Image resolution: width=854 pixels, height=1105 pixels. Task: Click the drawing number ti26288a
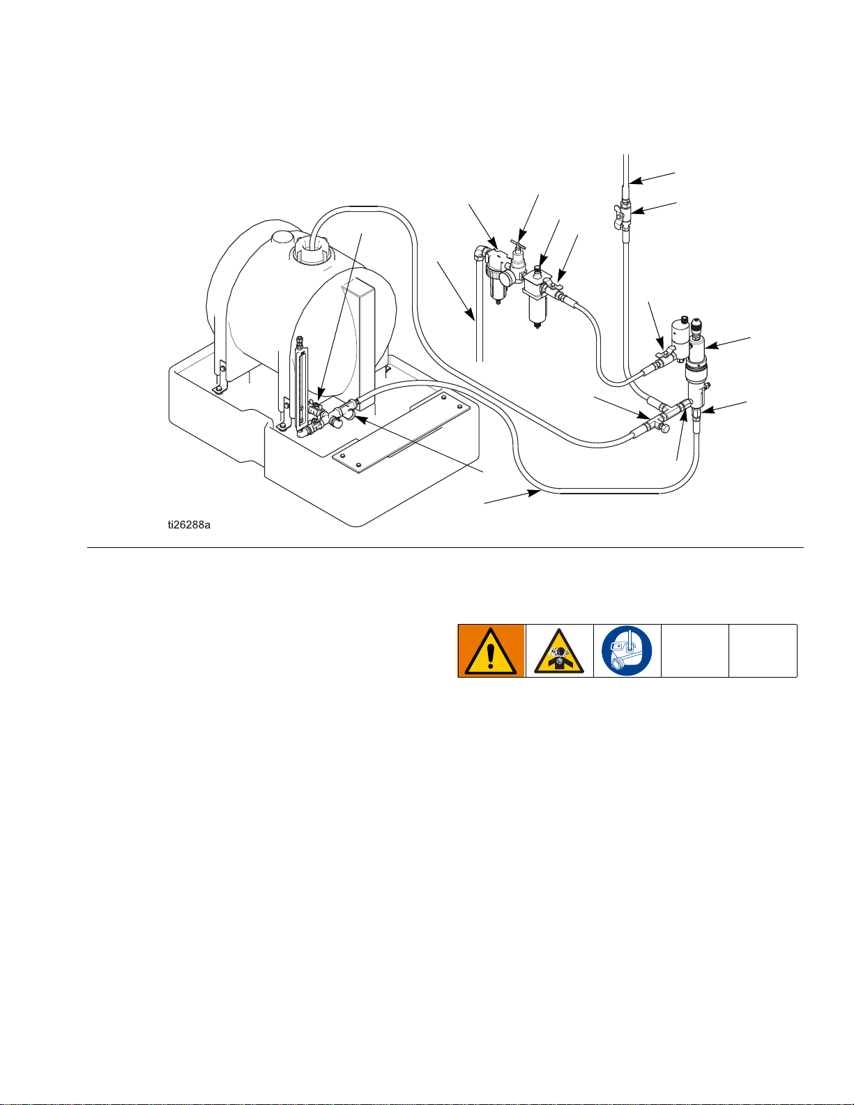(189, 525)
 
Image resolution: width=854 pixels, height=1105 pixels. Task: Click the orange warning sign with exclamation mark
(491, 651)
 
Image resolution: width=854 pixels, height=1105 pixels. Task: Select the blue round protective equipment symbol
(627, 650)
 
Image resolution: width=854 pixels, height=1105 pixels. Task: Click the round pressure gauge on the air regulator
(506, 279)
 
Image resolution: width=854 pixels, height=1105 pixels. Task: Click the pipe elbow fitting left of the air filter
(480, 253)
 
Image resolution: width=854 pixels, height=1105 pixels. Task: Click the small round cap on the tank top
(282, 238)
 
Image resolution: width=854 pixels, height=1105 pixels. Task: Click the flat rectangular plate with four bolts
(401, 432)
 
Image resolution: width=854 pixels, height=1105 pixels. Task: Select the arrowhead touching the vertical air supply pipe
(471, 315)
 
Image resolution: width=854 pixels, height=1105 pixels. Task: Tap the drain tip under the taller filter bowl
(537, 326)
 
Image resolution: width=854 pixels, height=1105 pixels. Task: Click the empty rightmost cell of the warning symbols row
(763, 651)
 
